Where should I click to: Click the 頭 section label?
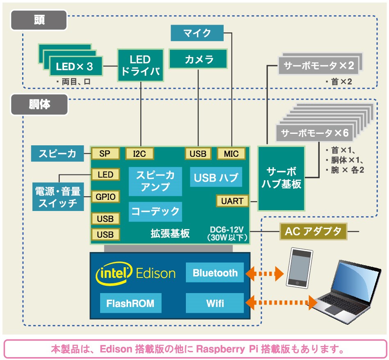39,20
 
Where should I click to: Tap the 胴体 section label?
39,105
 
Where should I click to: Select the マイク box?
197,33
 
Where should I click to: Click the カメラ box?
199,59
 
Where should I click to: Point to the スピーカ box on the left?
57,154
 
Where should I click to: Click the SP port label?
105,154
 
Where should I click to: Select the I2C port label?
140,154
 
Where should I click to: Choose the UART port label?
232,201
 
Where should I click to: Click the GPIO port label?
105,197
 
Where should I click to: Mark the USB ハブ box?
216,178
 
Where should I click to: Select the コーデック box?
156,211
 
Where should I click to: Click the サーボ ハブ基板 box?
281,178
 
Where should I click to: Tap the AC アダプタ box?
313,232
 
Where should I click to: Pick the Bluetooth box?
215,273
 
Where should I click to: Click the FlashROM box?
130,303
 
